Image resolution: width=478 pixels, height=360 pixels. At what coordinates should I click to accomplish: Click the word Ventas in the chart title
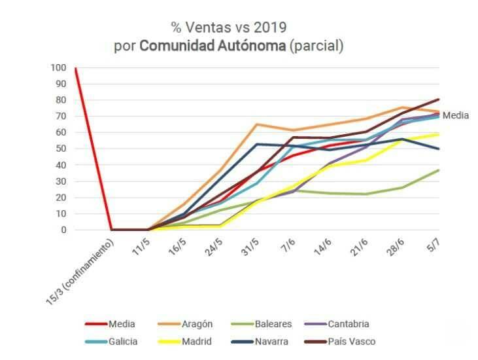[x=208, y=27]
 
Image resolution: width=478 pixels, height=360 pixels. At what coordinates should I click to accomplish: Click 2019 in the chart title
[x=270, y=27]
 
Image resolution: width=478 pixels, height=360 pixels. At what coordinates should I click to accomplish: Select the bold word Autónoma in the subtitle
[x=252, y=46]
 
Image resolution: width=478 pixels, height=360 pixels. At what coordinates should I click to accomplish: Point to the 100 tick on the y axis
[x=58, y=67]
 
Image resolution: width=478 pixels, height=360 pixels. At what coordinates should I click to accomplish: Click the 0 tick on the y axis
[x=63, y=230]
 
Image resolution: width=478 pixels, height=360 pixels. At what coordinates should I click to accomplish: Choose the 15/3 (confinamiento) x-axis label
[x=80, y=271]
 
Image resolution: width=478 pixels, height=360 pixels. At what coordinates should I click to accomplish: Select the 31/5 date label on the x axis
[x=250, y=247]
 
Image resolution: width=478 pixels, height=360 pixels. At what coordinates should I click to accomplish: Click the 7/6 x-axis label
[x=288, y=245]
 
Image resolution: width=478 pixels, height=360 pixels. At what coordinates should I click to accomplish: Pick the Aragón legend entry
[x=185, y=324]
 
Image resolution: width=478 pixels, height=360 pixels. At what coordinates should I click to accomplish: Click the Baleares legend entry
[x=262, y=324]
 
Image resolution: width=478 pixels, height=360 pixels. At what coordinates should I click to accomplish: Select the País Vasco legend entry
[x=340, y=342]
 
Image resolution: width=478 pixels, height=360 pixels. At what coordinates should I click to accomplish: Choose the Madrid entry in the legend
[x=185, y=342]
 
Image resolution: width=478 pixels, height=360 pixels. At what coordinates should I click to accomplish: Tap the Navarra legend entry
[x=260, y=342]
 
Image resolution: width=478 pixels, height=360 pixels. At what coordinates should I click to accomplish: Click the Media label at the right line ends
[x=456, y=115]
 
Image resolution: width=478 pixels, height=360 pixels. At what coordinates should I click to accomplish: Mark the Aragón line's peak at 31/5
[x=257, y=124]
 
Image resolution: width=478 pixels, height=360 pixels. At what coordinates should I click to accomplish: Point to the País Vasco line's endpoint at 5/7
[x=439, y=99]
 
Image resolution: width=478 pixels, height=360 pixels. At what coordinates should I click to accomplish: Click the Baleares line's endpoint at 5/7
[x=439, y=170]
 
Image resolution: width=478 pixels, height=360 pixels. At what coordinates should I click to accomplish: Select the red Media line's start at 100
[x=76, y=68]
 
